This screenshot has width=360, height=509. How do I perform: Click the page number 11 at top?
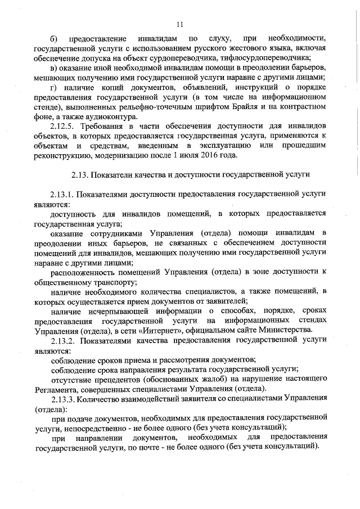click(179, 24)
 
